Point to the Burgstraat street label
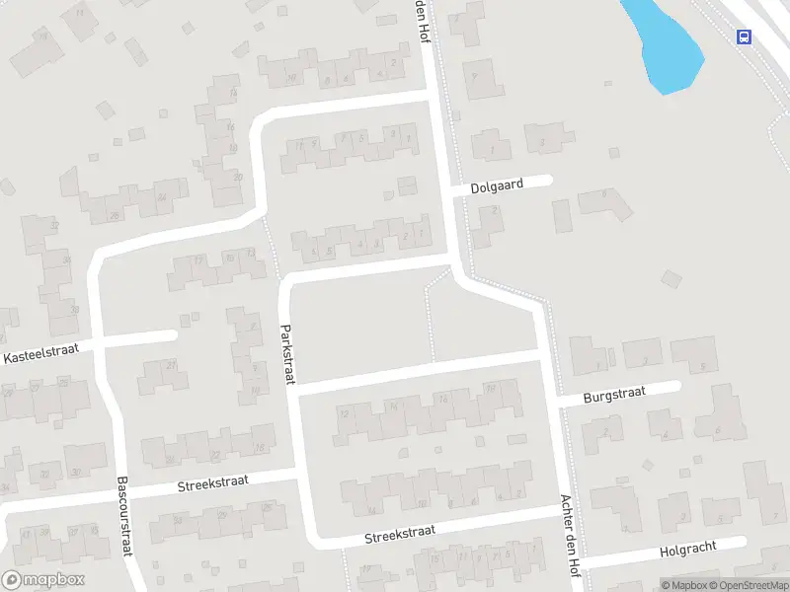(613, 394)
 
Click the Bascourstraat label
(124, 518)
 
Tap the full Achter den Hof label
(570, 535)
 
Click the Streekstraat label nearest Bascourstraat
(213, 482)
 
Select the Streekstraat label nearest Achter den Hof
(400, 534)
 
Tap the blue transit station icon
(743, 37)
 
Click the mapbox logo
(42, 580)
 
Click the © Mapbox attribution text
(683, 585)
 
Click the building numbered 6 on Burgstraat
(717, 414)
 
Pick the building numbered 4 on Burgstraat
(664, 424)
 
